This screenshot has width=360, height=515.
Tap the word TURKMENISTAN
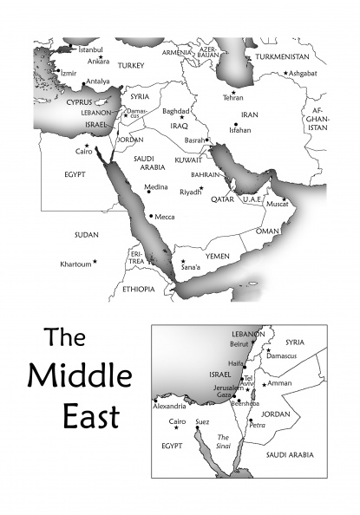(x=284, y=56)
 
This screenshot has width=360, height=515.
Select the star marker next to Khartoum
(x=95, y=261)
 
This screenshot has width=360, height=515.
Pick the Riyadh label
(x=190, y=192)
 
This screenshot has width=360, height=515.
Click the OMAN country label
(x=268, y=231)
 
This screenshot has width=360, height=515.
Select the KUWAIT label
(x=188, y=161)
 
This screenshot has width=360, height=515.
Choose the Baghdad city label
(x=176, y=111)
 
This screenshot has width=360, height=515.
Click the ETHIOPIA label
(x=139, y=289)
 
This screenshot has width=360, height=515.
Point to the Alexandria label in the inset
(x=168, y=406)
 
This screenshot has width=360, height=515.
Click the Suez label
(x=203, y=422)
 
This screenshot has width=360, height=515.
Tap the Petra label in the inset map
(x=257, y=426)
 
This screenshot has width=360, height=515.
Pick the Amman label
(x=279, y=382)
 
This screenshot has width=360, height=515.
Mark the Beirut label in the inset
(x=240, y=343)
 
